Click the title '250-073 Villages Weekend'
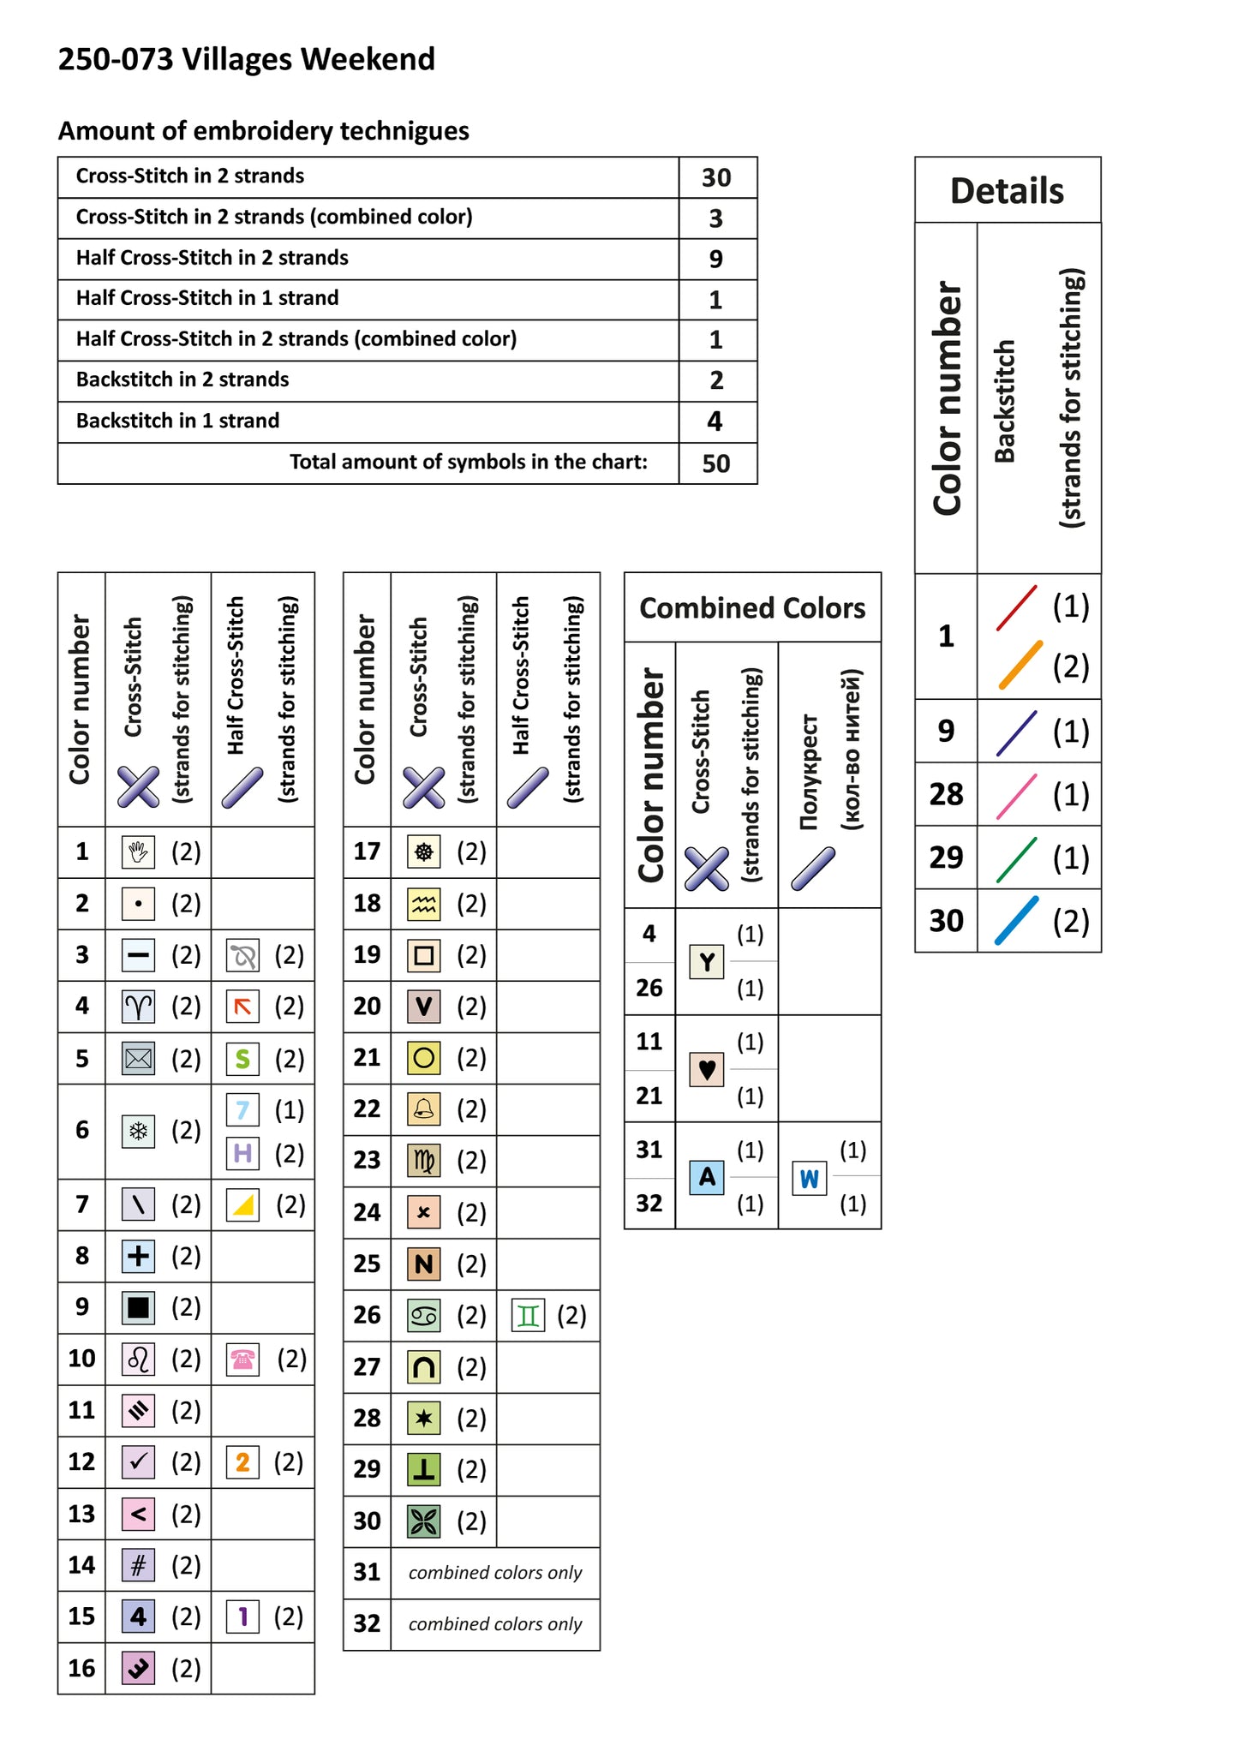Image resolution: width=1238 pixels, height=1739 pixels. coord(246,59)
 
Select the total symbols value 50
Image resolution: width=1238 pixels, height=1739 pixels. coord(716,463)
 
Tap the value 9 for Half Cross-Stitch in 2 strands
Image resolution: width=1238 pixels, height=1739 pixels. coord(716,259)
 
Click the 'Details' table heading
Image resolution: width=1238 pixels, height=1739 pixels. coord(1007,190)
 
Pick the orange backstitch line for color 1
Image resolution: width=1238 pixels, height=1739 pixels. coord(1020,665)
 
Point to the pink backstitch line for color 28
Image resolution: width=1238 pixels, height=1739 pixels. coord(1017,795)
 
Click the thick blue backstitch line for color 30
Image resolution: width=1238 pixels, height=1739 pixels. coord(1017,921)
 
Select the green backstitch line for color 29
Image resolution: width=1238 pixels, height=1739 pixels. coord(1017,859)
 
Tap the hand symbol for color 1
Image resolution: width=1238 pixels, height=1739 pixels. coord(138,852)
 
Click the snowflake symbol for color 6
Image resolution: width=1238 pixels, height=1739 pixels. coord(138,1131)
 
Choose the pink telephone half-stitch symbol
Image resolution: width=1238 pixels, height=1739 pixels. coord(242,1360)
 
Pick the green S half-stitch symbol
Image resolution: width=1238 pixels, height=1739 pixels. coord(242,1059)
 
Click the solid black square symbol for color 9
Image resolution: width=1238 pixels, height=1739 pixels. coord(138,1308)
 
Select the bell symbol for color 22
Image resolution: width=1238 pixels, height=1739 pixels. coord(423,1109)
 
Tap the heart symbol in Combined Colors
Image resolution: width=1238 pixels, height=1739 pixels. coord(707,1069)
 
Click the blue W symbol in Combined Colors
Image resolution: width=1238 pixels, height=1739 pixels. coord(809,1179)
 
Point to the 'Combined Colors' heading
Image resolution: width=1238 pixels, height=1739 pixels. coord(752,607)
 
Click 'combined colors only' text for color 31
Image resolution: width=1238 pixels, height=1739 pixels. coord(494,1573)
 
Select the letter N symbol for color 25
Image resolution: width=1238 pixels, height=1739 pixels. coord(423,1264)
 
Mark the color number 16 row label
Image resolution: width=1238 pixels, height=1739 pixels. coord(81,1668)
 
